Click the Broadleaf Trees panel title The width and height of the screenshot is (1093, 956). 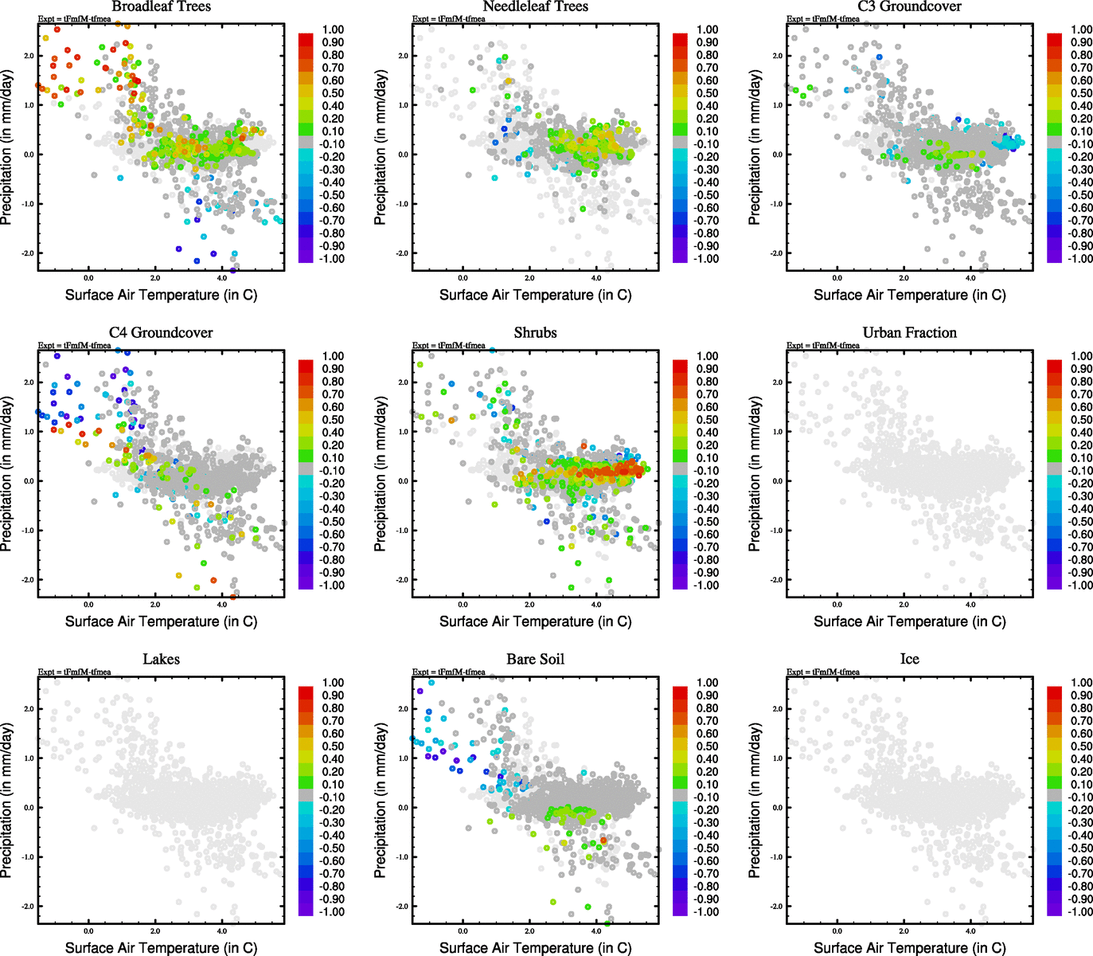161,6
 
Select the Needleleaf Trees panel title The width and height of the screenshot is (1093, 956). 535,6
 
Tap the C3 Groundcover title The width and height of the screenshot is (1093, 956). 909,6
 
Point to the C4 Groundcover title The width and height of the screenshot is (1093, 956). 161,332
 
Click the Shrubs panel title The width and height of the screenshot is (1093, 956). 535,332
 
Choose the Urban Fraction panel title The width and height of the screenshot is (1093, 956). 909,332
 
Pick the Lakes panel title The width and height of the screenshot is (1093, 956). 161,659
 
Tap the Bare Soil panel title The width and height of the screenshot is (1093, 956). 535,659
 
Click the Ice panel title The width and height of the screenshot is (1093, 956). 909,659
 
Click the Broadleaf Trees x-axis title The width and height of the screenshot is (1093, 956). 161,295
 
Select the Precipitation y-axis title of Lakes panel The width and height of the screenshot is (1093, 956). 7,801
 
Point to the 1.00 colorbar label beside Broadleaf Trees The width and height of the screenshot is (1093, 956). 333,29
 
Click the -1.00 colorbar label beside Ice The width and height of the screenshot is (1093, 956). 1081,911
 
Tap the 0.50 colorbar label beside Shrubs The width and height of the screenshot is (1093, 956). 708,420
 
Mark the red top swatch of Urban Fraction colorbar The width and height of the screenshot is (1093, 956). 1054,366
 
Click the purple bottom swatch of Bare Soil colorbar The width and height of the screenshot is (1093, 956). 680,910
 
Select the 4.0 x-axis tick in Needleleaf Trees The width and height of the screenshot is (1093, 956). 596,278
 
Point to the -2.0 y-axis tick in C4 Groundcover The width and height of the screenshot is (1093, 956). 28,579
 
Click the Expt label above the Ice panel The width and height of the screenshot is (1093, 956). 823,672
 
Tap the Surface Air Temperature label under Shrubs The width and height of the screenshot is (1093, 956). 535,621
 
